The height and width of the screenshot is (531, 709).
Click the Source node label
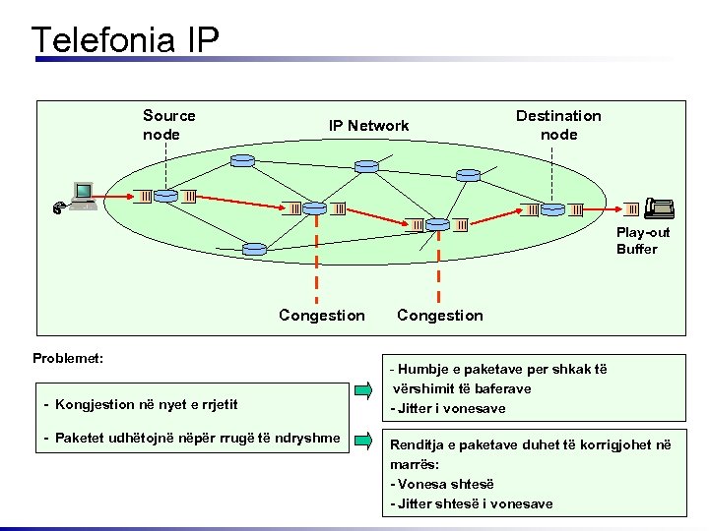click(x=168, y=125)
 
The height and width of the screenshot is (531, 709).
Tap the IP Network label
click(x=368, y=126)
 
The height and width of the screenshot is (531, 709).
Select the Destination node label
click(x=558, y=125)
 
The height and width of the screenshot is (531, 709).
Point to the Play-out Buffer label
click(x=642, y=241)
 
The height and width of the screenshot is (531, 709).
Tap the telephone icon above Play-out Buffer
click(x=658, y=207)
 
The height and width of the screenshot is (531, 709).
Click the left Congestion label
click(x=321, y=316)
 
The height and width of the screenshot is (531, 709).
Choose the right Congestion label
click(x=439, y=316)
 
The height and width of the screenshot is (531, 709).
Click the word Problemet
click(x=68, y=358)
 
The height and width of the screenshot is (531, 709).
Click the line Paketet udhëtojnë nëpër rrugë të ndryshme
click(x=193, y=437)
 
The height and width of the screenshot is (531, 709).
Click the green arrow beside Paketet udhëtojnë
click(x=363, y=438)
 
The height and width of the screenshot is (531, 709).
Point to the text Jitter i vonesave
click(x=448, y=408)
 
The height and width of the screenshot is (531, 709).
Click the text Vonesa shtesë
click(x=443, y=484)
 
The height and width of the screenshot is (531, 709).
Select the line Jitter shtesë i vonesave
click(x=472, y=503)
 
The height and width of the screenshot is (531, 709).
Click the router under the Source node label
click(x=165, y=196)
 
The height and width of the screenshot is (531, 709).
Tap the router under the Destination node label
click(x=552, y=208)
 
